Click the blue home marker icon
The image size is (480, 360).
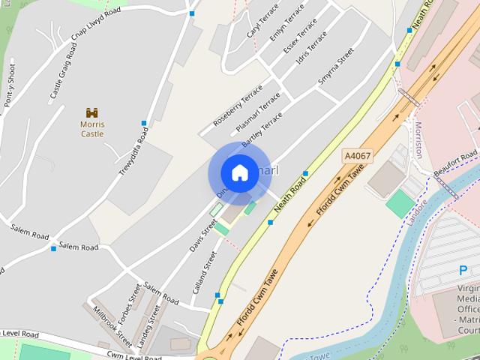point(238,173)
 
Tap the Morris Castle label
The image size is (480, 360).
point(92,129)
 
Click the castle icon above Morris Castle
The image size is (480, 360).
point(92,112)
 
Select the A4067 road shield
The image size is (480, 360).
point(356,155)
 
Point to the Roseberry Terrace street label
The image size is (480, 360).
point(237,104)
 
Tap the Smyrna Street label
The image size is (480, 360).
point(335,67)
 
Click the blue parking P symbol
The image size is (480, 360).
point(463,271)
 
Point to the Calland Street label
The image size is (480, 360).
point(203,271)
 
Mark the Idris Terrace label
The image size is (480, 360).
point(312,47)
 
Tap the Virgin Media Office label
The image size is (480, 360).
point(468,304)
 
